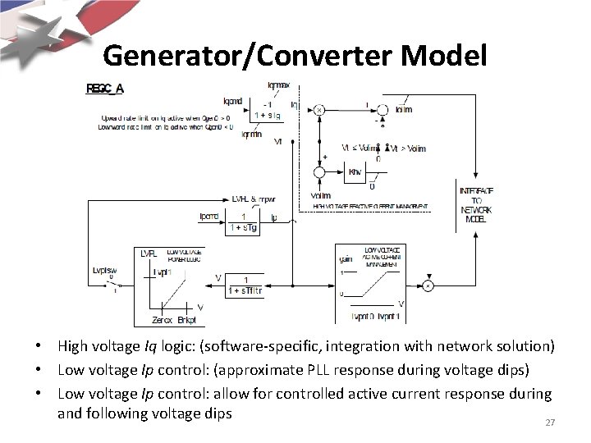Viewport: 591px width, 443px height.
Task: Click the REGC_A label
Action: pos(106,88)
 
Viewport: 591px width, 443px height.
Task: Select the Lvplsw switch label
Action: pos(103,270)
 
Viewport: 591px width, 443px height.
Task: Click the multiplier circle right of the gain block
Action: pos(428,285)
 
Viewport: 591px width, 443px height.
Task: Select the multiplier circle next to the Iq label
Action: pos(318,108)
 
